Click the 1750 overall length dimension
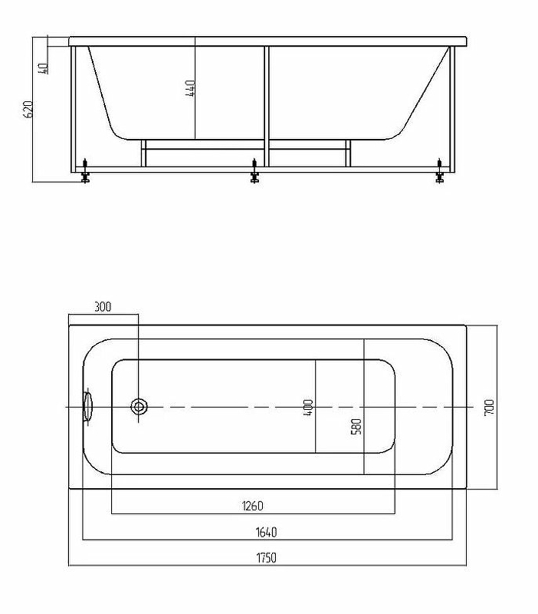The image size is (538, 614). tap(266, 558)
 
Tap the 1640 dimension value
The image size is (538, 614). tap(266, 532)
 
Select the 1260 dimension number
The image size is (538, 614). tap(253, 506)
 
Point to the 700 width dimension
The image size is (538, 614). tap(489, 408)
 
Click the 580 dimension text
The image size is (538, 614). tap(356, 427)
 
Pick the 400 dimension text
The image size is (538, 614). tap(308, 408)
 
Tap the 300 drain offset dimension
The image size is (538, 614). tap(103, 306)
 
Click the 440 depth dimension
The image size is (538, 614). tap(189, 88)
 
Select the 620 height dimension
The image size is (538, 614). tap(28, 109)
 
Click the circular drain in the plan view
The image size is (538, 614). tap(139, 407)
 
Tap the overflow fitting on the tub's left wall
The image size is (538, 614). tap(87, 407)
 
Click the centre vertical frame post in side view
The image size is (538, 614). tap(267, 107)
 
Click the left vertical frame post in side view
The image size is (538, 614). tap(73, 109)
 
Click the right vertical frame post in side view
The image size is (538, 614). tap(452, 109)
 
